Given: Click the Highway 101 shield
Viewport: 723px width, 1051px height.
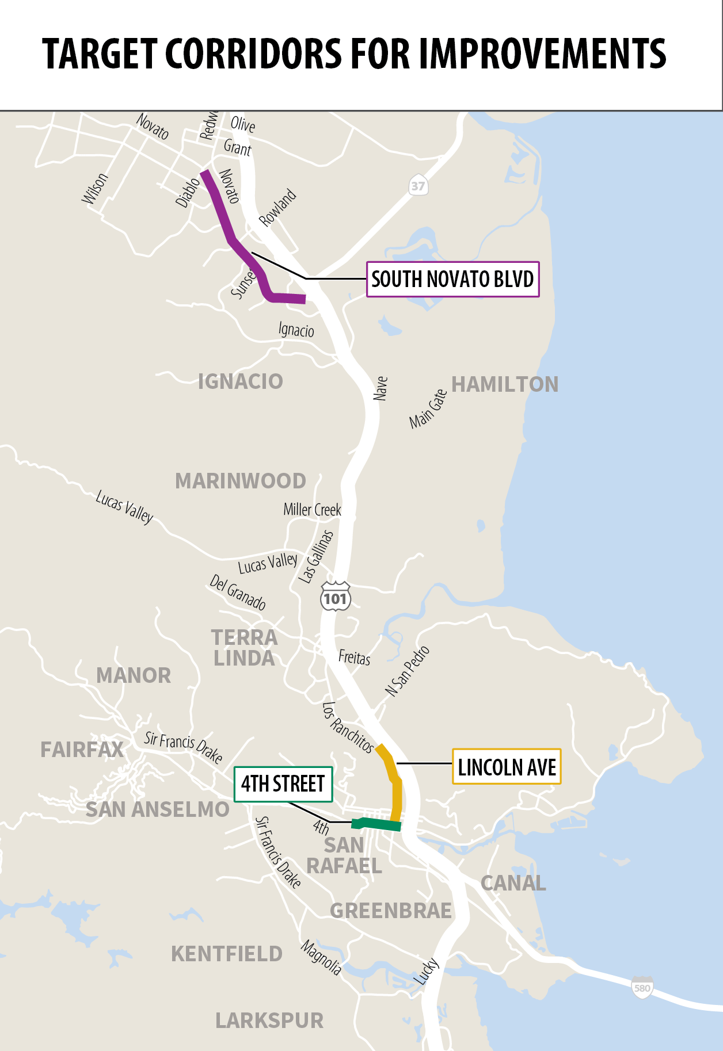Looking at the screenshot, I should (335, 597).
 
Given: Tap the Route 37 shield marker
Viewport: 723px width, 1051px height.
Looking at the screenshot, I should (418, 185).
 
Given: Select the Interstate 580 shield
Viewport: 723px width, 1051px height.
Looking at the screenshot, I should (642, 987).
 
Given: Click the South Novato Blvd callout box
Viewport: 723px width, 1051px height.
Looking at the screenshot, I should (452, 280).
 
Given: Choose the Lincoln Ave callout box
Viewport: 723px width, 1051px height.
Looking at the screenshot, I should (507, 767).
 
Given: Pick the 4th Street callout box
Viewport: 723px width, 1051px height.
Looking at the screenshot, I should (283, 784).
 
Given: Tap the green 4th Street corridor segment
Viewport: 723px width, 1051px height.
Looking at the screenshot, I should (377, 824).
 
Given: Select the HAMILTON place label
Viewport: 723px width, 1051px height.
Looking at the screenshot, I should (505, 384).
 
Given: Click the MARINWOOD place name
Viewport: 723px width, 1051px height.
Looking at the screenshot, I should (240, 481).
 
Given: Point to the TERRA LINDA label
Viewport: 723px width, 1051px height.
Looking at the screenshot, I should (244, 648).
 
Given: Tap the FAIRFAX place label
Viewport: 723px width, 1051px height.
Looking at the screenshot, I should (82, 750).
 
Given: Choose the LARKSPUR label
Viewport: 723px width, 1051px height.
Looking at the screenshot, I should (269, 1021).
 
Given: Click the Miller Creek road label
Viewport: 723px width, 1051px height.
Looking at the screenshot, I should (312, 510).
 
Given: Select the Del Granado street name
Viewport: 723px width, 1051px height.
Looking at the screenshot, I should (237, 592).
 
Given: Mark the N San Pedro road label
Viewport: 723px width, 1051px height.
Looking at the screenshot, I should (407, 671).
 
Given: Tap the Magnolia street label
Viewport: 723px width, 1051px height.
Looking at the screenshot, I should (321, 957).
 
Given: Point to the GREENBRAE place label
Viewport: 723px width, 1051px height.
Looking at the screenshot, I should (390, 911).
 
